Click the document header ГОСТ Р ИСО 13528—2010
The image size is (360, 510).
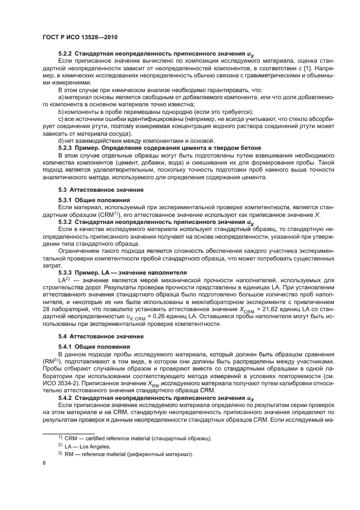pos(80,36)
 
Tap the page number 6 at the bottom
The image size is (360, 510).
pos(44,463)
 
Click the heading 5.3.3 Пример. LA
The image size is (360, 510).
pos(122,272)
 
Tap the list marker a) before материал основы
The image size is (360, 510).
pos(61,98)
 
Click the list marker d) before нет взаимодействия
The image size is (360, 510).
pos(61,141)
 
